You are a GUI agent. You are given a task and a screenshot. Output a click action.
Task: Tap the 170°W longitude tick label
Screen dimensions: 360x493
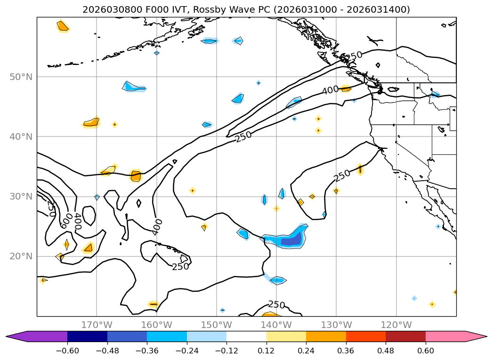[x=97, y=325]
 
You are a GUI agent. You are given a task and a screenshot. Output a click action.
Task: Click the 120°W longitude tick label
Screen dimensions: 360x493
[x=396, y=325]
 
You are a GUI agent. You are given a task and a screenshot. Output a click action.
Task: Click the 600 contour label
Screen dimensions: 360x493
[x=65, y=220]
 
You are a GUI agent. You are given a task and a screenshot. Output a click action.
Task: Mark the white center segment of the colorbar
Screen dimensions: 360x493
[x=246, y=336]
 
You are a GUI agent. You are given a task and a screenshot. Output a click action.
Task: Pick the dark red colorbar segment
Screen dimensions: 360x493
[x=405, y=336]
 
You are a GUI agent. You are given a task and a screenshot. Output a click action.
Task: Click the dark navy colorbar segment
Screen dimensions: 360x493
[x=87, y=336]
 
